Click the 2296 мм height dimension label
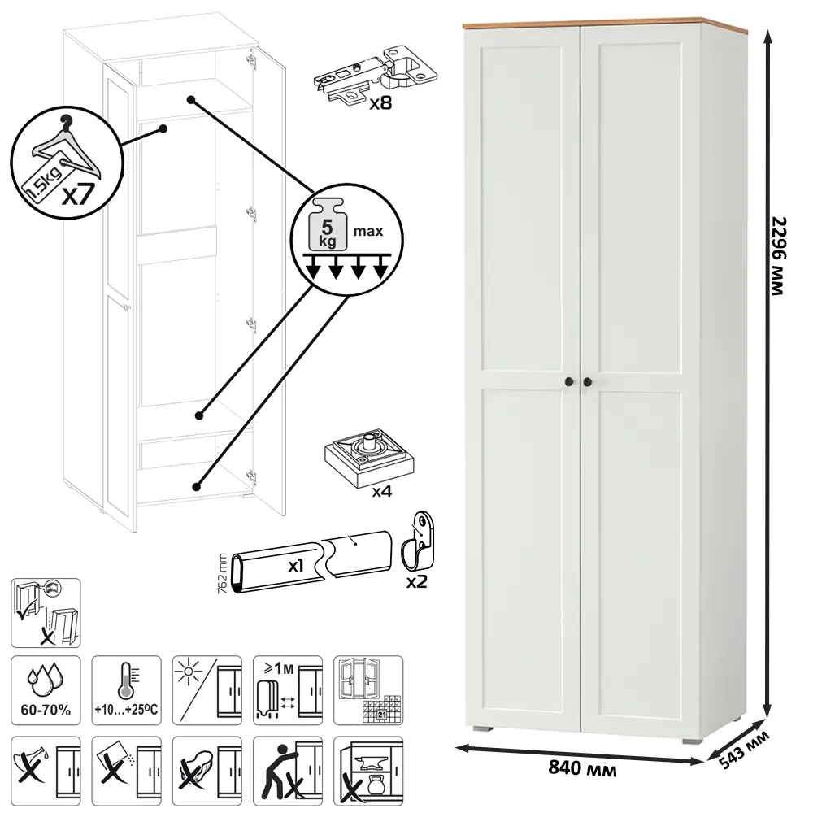[x=779, y=256]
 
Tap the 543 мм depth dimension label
[x=744, y=750]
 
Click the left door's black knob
[x=569, y=382]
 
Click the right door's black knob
[x=587, y=382]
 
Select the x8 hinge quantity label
[x=380, y=103]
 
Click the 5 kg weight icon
[x=327, y=224]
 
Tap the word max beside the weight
[x=368, y=231]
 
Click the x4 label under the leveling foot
[x=381, y=491]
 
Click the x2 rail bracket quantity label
[x=416, y=582]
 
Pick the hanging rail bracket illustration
[x=419, y=541]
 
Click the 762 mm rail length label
[x=223, y=574]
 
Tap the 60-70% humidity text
[x=46, y=710]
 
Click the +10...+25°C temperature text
[x=126, y=709]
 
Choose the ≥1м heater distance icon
[x=288, y=690]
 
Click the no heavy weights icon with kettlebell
[x=368, y=771]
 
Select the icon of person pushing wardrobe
[x=288, y=771]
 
